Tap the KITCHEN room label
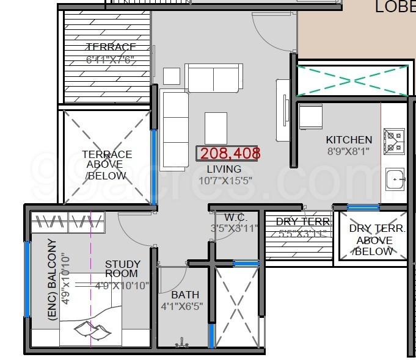click(349, 140)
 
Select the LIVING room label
click(224, 169)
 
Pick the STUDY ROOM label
click(122, 269)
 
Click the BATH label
click(185, 295)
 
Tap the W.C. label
click(235, 217)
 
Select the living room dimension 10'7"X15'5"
click(224, 181)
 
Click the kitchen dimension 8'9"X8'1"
click(348, 151)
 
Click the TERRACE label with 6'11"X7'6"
click(111, 48)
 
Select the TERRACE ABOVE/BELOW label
click(107, 165)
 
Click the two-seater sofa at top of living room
click(214, 77)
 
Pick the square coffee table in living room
click(216, 128)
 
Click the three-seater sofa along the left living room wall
click(175, 130)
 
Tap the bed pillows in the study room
click(92, 330)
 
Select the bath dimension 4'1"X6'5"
click(182, 306)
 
